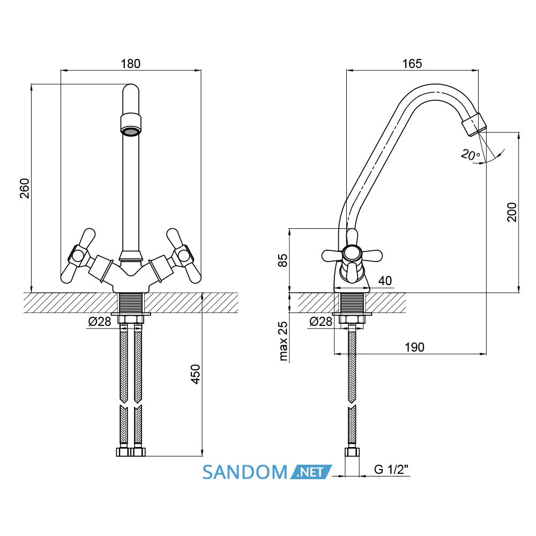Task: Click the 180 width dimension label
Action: point(131,64)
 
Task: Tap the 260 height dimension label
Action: point(25,188)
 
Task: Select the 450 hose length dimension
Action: point(195,374)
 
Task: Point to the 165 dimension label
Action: point(412,64)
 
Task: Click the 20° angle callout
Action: point(471,155)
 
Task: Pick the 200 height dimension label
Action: point(512,212)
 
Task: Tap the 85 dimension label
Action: point(283,260)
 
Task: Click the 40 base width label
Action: point(385,281)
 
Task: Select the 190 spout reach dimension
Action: point(414,347)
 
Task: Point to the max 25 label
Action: point(283,341)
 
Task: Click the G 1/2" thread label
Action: point(391,470)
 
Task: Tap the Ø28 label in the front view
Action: point(100,321)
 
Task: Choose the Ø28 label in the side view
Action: point(321,321)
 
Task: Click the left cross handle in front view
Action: point(78,256)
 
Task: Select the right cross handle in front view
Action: point(183,256)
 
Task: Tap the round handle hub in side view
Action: point(352,254)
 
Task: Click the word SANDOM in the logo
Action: point(245,472)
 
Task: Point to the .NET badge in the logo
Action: point(311,472)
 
